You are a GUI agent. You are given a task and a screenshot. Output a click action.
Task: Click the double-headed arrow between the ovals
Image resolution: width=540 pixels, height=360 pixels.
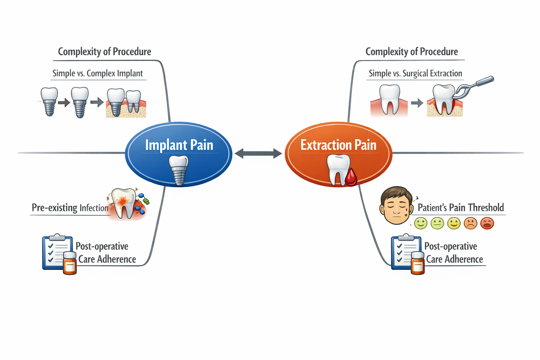click(258, 153)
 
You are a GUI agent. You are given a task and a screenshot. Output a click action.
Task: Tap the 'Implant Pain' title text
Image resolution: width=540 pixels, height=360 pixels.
click(179, 145)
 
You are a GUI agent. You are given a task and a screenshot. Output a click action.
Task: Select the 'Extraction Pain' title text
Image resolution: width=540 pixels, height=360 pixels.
click(338, 145)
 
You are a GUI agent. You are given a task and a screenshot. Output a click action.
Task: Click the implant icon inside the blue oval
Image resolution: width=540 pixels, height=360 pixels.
click(179, 170)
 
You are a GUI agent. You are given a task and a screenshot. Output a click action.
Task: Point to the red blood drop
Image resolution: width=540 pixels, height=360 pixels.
click(351, 177)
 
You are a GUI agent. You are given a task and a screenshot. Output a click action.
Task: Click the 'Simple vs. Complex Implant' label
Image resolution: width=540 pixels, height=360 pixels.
click(97, 73)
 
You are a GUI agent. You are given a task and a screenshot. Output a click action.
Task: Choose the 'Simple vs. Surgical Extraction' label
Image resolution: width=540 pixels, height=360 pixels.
click(415, 73)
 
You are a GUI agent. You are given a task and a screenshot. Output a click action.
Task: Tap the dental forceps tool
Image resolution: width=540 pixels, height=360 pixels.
click(475, 86)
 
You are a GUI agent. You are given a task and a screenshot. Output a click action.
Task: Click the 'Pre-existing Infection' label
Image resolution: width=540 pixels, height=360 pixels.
click(70, 208)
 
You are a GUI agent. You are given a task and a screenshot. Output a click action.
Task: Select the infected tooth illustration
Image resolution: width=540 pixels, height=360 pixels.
click(124, 203)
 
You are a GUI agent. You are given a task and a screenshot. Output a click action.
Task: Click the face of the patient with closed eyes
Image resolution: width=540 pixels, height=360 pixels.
click(396, 205)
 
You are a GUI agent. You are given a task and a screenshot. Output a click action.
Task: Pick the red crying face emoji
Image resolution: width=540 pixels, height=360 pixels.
click(487, 223)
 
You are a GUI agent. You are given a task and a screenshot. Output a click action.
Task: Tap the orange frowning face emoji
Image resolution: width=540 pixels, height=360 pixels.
click(470, 223)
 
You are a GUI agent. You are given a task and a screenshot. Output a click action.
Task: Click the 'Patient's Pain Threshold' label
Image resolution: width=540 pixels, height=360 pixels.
click(461, 208)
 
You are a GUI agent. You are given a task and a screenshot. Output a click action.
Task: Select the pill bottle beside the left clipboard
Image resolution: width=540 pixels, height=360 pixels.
click(70, 263)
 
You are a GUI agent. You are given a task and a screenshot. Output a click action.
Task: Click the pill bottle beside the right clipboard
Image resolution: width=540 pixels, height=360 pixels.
click(418, 263)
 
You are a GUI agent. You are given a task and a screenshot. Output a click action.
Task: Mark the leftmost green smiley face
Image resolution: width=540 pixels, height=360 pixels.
click(420, 223)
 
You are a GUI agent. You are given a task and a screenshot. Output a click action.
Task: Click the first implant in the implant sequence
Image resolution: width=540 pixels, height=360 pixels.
click(49, 101)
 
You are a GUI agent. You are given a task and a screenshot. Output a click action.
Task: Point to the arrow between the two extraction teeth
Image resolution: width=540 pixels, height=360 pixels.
click(417, 103)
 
